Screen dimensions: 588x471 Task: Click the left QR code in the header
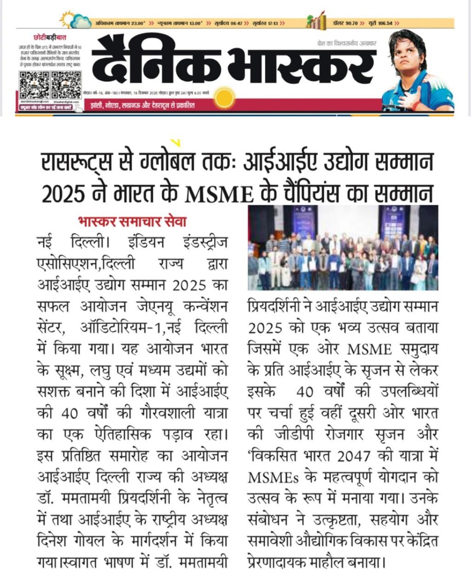pos(34,84)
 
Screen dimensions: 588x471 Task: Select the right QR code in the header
pos(66,84)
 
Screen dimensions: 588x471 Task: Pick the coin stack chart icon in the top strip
pos(315,20)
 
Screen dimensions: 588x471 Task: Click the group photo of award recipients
pos(342,247)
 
